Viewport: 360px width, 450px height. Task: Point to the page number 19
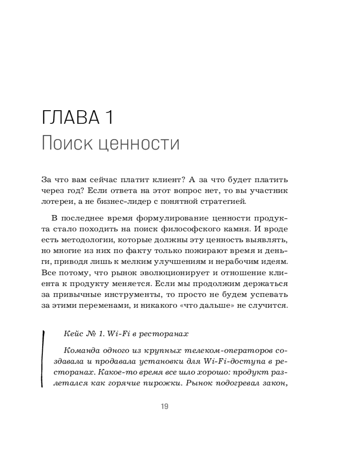click(164, 406)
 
